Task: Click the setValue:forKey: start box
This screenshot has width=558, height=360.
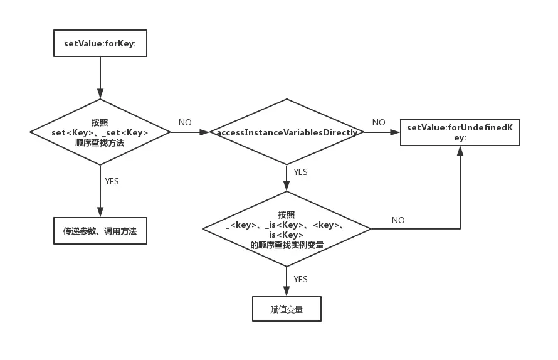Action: tap(100, 43)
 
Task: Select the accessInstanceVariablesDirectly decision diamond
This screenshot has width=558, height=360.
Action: tap(287, 132)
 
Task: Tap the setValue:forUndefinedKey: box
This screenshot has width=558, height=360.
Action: tap(460, 132)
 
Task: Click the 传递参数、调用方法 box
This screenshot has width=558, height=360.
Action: tap(100, 231)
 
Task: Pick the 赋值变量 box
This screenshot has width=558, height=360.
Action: tap(287, 309)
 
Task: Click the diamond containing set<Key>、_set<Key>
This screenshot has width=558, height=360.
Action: tap(100, 132)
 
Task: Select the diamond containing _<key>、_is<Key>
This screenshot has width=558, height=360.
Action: tap(287, 229)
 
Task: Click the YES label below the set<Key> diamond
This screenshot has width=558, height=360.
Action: tap(112, 181)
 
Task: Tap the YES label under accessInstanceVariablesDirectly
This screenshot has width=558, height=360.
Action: tap(300, 172)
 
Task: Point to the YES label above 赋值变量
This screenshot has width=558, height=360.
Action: tap(300, 279)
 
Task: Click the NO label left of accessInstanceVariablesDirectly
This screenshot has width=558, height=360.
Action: tap(185, 123)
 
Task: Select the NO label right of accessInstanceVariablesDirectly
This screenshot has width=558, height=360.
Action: tap(379, 123)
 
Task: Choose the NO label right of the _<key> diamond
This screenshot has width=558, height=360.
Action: tap(398, 220)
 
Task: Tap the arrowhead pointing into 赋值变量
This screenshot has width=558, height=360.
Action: tap(287, 291)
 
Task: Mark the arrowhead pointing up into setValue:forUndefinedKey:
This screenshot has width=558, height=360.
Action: tap(460, 151)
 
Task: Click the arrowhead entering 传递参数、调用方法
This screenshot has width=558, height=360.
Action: tap(100, 212)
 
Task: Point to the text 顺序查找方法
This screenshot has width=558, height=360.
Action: tap(100, 143)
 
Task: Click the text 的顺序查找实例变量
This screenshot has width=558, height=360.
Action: tap(287, 245)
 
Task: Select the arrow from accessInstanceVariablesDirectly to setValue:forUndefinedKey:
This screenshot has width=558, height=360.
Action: tap(381, 132)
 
